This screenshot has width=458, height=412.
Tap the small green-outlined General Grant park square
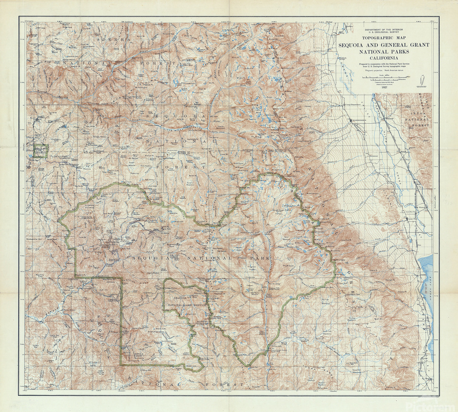(40, 151)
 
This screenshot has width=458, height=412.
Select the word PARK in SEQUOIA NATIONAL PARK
(260, 258)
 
